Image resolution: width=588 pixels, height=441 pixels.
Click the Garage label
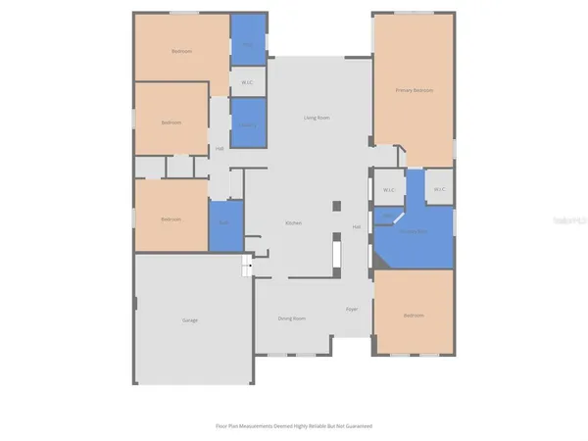190,320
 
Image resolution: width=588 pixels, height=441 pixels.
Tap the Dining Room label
292,318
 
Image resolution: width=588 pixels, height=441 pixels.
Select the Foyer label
351,310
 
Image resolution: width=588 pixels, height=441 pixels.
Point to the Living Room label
316,118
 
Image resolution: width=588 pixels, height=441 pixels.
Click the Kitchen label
293,223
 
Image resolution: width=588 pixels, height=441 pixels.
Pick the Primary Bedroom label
415,90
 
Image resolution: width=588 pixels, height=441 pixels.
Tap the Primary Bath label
414,232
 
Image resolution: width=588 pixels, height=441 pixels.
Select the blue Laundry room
248,124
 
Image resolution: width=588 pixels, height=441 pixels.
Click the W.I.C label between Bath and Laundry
248,82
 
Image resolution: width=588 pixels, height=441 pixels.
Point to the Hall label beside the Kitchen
357,227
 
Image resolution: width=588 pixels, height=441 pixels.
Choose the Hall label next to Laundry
220,149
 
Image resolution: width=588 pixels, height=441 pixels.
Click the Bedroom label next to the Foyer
414,316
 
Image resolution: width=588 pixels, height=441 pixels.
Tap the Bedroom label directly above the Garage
171,220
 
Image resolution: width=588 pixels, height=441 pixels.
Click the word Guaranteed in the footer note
359,426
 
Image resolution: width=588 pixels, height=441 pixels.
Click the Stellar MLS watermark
567,221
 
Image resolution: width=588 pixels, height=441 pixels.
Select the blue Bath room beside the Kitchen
225,222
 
